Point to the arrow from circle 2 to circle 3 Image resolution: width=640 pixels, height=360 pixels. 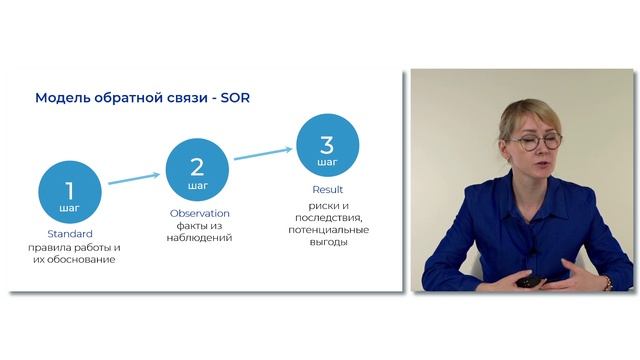262,152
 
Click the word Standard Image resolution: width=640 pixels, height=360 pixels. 70,234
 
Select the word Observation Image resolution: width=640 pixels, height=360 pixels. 199,212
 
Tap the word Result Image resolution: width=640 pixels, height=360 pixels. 327,189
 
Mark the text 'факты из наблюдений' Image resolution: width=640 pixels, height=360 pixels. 199,231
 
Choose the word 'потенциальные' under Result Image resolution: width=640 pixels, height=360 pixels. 327,229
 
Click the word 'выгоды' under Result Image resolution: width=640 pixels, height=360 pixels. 327,242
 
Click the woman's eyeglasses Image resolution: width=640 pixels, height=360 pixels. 535,142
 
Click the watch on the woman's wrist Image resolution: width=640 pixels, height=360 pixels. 607,283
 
